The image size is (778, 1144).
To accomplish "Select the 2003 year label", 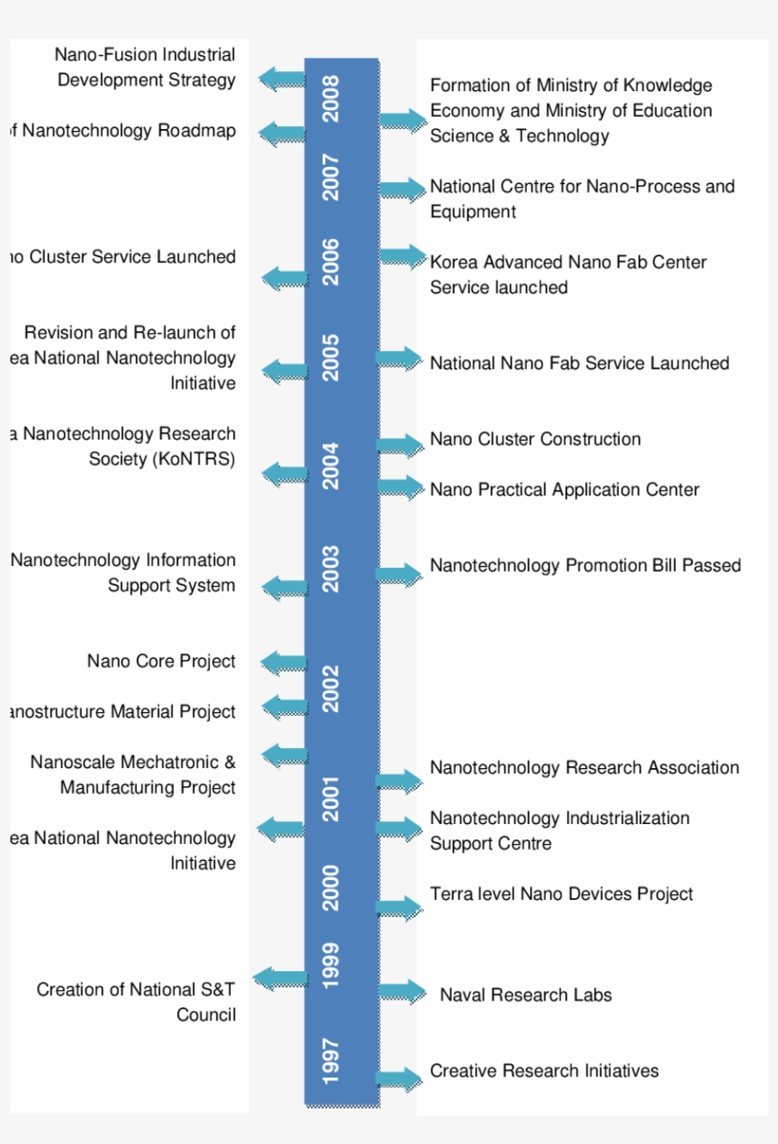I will [331, 568].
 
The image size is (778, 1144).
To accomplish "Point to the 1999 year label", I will [331, 964].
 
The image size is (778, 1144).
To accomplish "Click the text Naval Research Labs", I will [526, 995].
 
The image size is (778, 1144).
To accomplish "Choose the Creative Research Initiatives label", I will [544, 1071].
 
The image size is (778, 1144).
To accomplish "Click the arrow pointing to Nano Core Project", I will [283, 662].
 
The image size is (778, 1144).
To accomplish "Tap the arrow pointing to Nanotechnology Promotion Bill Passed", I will [399, 574].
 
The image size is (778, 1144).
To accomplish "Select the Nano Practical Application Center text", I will [565, 490].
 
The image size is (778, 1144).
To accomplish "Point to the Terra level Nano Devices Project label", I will [561, 894].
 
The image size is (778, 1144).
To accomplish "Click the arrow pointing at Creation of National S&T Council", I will [280, 979].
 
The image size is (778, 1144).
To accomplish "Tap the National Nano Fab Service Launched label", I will [579, 364].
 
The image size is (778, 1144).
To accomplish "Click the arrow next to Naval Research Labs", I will [402, 992].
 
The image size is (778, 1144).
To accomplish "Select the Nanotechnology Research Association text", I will [583, 768].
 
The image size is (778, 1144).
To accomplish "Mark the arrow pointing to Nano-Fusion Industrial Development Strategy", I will [282, 79].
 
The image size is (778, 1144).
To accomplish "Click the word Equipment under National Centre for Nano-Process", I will [472, 212].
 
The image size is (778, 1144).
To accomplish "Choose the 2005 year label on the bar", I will [331, 357].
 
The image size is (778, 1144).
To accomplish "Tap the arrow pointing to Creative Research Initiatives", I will [399, 1079].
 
